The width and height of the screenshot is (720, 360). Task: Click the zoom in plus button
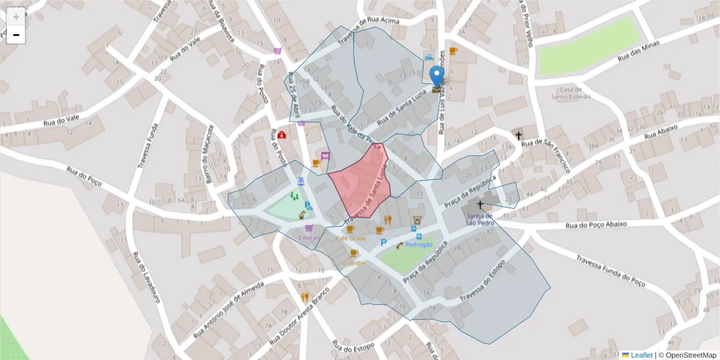[x=16, y=16]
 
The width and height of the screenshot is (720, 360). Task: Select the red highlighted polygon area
[x=360, y=180]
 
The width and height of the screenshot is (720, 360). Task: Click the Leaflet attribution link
[x=641, y=355]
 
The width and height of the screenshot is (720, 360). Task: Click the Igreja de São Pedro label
[x=480, y=219]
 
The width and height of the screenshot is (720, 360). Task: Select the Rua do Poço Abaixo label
[x=596, y=224]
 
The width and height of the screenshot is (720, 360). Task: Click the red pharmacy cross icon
[x=281, y=135]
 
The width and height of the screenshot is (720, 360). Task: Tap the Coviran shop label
[x=308, y=238]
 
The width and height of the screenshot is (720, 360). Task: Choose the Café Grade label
[x=350, y=238]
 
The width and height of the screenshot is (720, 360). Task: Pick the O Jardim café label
[x=354, y=263]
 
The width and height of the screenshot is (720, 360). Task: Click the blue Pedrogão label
[x=419, y=245]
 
